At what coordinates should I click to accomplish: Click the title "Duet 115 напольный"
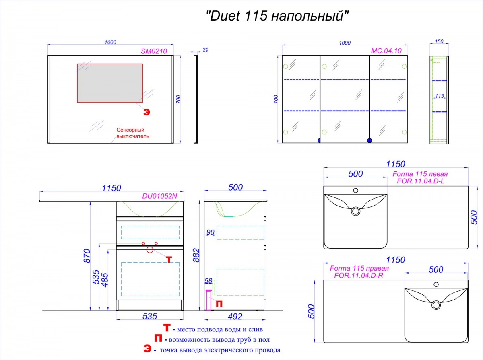tap(277, 16)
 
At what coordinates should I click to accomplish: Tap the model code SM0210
tap(154, 51)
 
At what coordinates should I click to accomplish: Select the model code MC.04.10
tap(386, 51)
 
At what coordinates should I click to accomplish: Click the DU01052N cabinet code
tap(159, 196)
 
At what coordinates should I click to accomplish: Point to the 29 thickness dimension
tap(205, 50)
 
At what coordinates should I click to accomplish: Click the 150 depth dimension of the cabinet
tap(439, 41)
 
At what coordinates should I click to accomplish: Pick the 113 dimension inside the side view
tap(440, 96)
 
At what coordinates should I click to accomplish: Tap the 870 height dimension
tap(87, 256)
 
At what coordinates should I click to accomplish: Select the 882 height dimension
tap(196, 255)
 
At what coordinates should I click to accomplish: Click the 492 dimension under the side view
tap(235, 317)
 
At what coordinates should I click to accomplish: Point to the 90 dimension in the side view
tap(211, 232)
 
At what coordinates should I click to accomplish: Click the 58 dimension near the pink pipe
tap(208, 281)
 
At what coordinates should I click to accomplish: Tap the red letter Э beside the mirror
tap(147, 112)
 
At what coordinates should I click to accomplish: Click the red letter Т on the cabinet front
tap(169, 260)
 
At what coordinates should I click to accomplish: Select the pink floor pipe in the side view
tap(208, 300)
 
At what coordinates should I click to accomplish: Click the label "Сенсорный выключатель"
tap(133, 133)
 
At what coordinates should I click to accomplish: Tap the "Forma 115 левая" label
tap(420, 174)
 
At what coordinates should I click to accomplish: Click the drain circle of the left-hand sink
tap(355, 211)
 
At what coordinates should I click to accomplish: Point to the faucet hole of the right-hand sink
tap(436, 284)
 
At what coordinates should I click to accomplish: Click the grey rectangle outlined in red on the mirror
tap(110, 83)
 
